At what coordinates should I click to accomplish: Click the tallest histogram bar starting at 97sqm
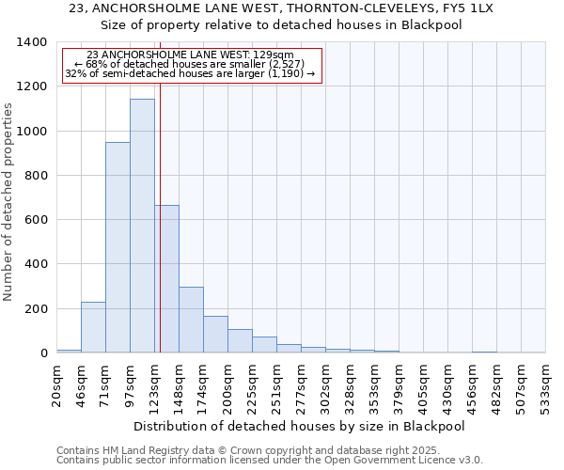(142, 226)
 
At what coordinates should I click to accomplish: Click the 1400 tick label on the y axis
(32, 42)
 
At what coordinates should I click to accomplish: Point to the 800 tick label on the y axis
(36, 176)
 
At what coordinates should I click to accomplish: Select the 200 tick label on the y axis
(36, 309)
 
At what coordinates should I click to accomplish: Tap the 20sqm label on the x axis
(56, 385)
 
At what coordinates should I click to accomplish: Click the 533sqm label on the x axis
(546, 385)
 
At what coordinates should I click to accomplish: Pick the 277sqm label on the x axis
(301, 385)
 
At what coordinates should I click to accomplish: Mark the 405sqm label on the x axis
(423, 385)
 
